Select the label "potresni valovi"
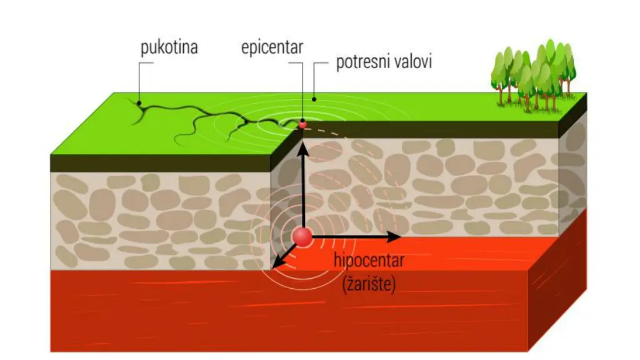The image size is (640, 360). (x=384, y=63)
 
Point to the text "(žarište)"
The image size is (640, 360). (x=369, y=285)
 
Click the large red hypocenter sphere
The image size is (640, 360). (x=302, y=237)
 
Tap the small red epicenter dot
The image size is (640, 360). (x=302, y=124)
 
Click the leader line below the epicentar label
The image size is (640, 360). (x=302, y=87)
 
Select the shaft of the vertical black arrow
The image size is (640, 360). (x=302, y=187)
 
